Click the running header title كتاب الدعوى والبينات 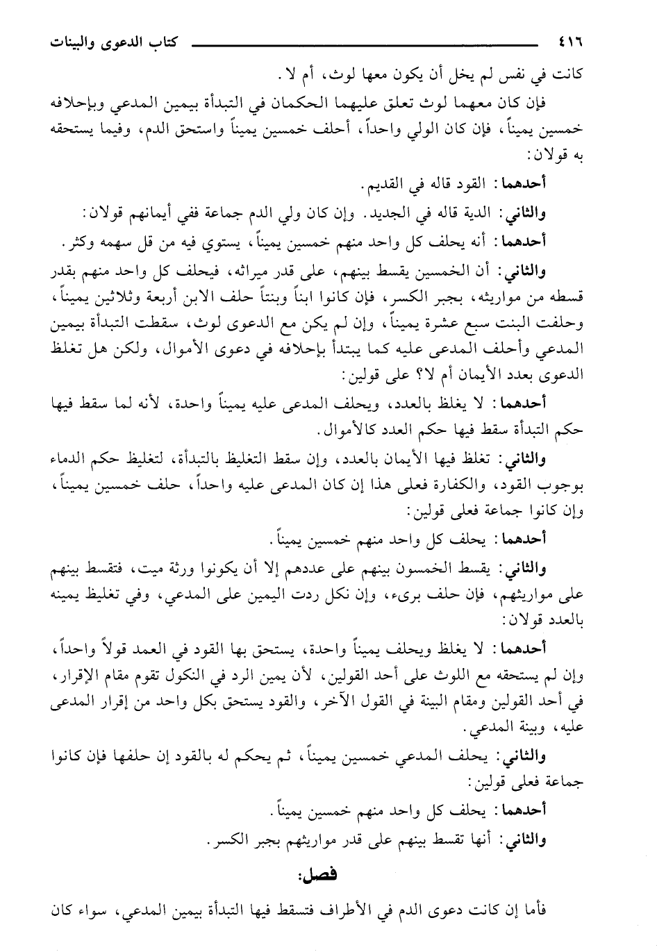108,41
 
